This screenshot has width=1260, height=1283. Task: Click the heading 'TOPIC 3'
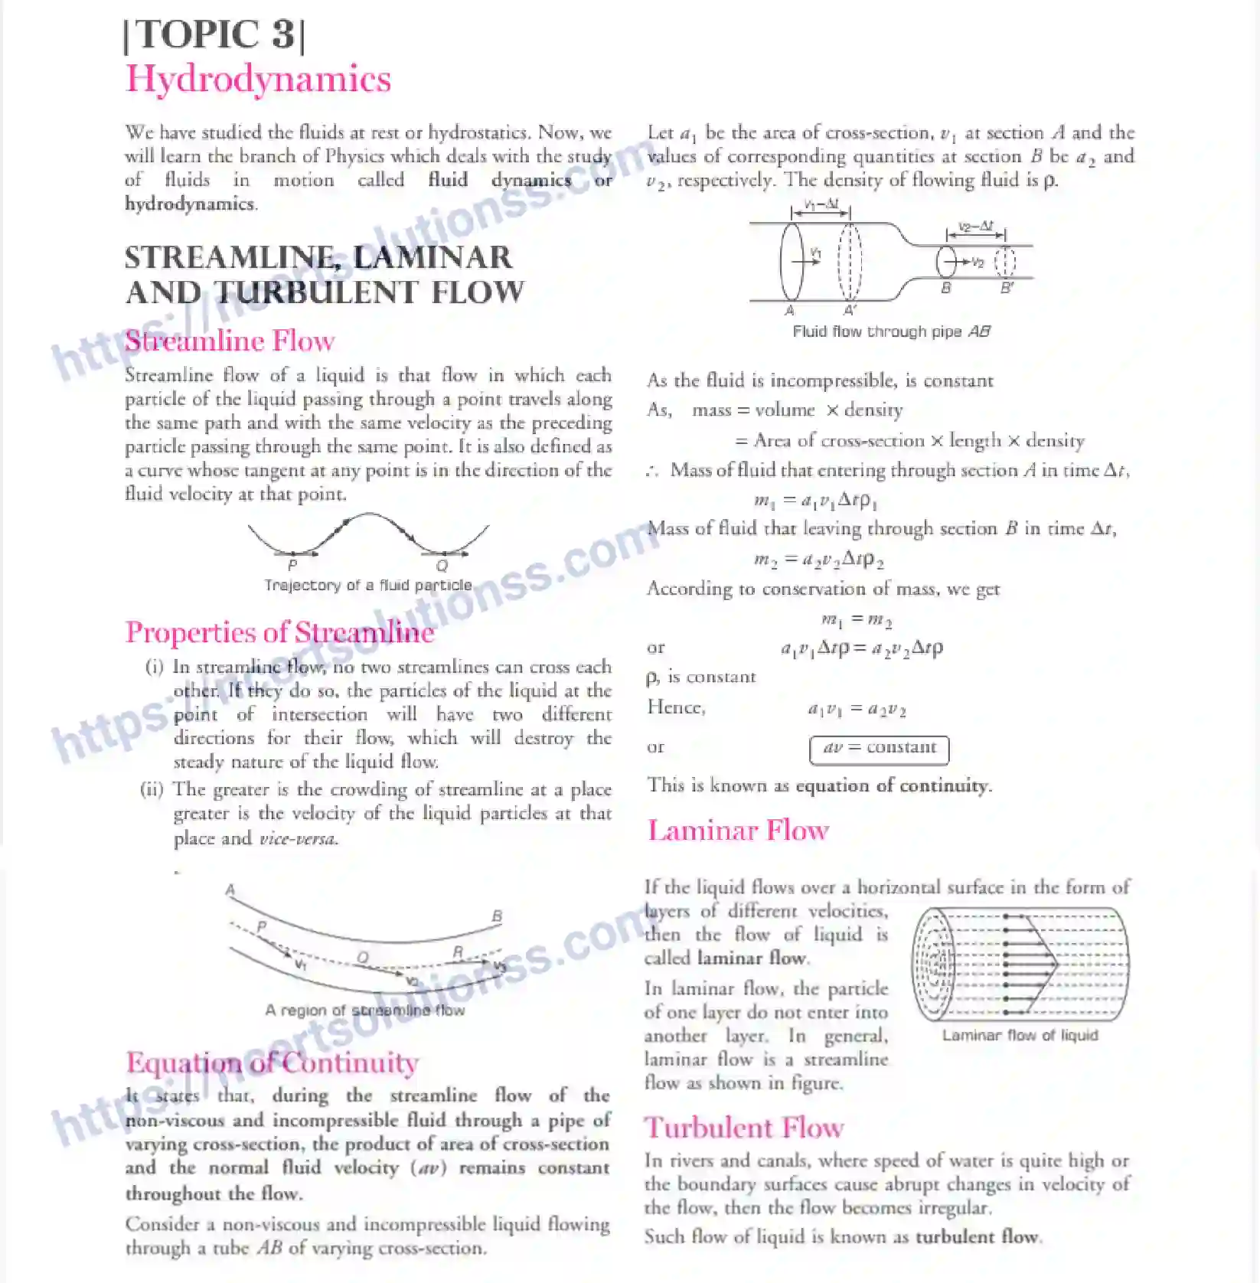[214, 35]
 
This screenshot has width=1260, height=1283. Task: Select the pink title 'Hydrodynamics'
[258, 79]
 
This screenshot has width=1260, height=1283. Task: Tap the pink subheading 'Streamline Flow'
[230, 341]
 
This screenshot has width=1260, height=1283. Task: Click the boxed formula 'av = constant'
[879, 748]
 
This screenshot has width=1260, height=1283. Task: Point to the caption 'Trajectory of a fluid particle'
[368, 586]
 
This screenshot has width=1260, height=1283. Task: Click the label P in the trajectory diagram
[292, 566]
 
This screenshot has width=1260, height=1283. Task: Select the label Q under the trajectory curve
[442, 566]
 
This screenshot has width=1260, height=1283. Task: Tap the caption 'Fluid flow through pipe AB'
[891, 331]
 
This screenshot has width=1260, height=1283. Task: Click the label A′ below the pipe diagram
[850, 310]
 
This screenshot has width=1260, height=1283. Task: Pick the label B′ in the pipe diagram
[1007, 288]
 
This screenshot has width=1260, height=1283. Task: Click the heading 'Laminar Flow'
[738, 831]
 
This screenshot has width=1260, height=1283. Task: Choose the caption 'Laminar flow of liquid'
[1020, 1036]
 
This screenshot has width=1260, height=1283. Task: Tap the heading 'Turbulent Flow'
[743, 1128]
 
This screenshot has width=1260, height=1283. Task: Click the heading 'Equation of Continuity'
[272, 1063]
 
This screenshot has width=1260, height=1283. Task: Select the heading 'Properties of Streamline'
[279, 632]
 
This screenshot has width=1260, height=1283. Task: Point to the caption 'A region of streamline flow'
[364, 1010]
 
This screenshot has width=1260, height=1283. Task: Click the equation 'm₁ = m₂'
[856, 619]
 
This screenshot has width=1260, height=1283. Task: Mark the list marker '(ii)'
[152, 789]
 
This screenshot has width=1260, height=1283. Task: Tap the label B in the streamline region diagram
[497, 916]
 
